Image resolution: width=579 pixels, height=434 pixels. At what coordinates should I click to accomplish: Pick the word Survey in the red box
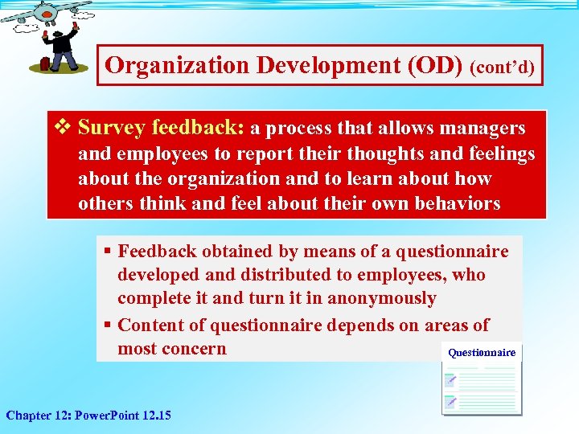pos(112,128)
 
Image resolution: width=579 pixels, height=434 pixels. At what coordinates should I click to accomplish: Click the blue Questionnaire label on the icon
pos(482,352)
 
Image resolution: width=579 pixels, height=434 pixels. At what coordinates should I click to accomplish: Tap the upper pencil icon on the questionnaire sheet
pos(452,378)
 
